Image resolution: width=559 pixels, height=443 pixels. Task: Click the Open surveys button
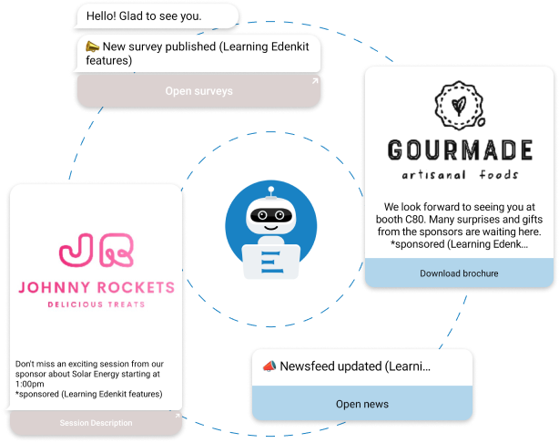pyautogui.click(x=198, y=91)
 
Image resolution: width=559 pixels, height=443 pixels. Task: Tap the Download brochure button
pyautogui.click(x=458, y=273)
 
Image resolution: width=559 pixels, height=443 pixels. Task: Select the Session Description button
pyautogui.click(x=96, y=423)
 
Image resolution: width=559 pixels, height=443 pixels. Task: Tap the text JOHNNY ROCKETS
pyautogui.click(x=96, y=289)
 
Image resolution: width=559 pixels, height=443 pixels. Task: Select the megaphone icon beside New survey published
pyautogui.click(x=92, y=46)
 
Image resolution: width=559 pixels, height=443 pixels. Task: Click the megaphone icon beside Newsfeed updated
pyautogui.click(x=269, y=366)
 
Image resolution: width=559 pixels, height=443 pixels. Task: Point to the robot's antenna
pyautogui.click(x=270, y=191)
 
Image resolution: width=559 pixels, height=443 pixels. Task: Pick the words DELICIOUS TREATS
pyautogui.click(x=96, y=304)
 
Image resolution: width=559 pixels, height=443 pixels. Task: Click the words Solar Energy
pyautogui.click(x=112, y=374)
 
